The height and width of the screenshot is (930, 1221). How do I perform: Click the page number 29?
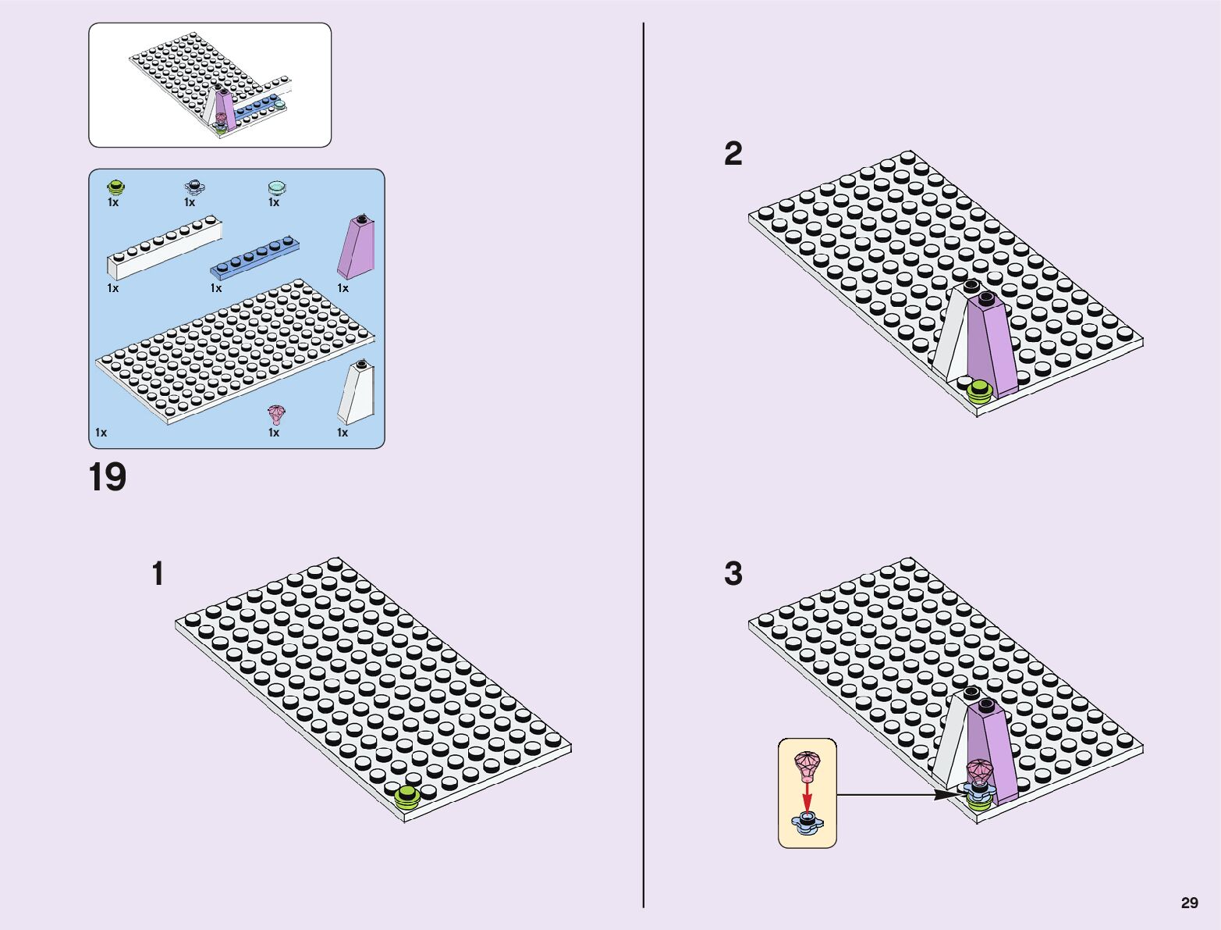point(1189,903)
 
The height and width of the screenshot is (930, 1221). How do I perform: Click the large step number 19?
point(108,478)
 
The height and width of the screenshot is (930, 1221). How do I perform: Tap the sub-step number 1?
point(158,574)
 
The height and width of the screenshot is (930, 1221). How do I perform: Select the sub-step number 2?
point(733,154)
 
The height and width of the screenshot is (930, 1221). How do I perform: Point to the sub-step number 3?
point(733,574)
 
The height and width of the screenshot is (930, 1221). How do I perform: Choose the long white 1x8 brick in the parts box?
point(164,250)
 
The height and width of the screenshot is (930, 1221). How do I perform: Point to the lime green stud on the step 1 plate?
point(406,796)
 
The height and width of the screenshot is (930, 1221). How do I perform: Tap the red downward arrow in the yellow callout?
point(807,798)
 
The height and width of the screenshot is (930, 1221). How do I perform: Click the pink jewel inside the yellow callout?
point(807,764)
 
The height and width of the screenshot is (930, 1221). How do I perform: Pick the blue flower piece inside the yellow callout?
point(807,822)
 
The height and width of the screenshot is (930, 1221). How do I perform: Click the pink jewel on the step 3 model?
point(978,771)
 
